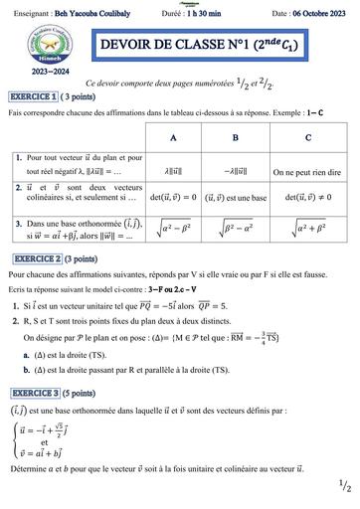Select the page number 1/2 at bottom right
344,487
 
